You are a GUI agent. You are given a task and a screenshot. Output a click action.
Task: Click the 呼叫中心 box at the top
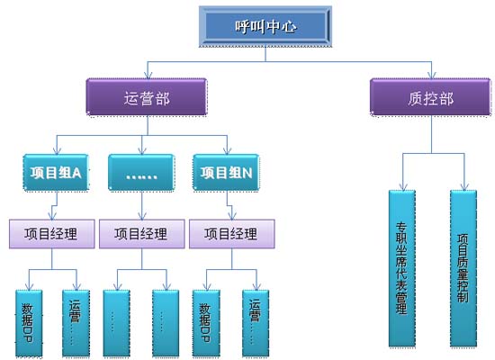(265, 26)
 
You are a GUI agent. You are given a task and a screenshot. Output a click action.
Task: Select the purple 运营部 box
(147, 96)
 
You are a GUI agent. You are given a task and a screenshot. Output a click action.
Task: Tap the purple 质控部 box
(430, 96)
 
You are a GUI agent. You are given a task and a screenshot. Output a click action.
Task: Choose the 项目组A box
(56, 173)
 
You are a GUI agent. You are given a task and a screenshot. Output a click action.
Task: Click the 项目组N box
(226, 173)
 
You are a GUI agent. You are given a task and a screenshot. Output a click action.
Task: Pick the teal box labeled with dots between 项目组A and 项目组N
(141, 173)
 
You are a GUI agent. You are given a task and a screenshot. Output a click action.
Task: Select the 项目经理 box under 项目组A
(52, 234)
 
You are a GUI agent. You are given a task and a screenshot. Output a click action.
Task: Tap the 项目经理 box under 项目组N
(231, 234)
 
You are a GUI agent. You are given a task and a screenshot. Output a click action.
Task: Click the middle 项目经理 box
(141, 234)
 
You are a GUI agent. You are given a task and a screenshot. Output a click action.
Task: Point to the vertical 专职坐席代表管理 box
(402, 268)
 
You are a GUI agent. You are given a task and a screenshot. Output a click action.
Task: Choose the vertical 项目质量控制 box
(463, 268)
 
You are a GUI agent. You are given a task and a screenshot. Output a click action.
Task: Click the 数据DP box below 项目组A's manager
(29, 323)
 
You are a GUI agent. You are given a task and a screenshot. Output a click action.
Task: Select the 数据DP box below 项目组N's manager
(206, 323)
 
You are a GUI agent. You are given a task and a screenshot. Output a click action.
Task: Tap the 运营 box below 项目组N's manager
(256, 323)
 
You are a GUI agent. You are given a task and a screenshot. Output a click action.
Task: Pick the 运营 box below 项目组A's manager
(76, 323)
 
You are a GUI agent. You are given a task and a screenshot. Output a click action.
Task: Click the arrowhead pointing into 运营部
(148, 76)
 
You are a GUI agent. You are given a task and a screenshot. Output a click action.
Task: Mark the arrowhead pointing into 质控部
(432, 76)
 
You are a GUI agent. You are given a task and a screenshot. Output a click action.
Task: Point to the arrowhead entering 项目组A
(57, 151)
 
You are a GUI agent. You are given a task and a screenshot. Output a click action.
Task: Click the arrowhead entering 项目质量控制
(464, 187)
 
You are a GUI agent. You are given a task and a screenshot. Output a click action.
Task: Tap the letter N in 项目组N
(247, 173)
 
